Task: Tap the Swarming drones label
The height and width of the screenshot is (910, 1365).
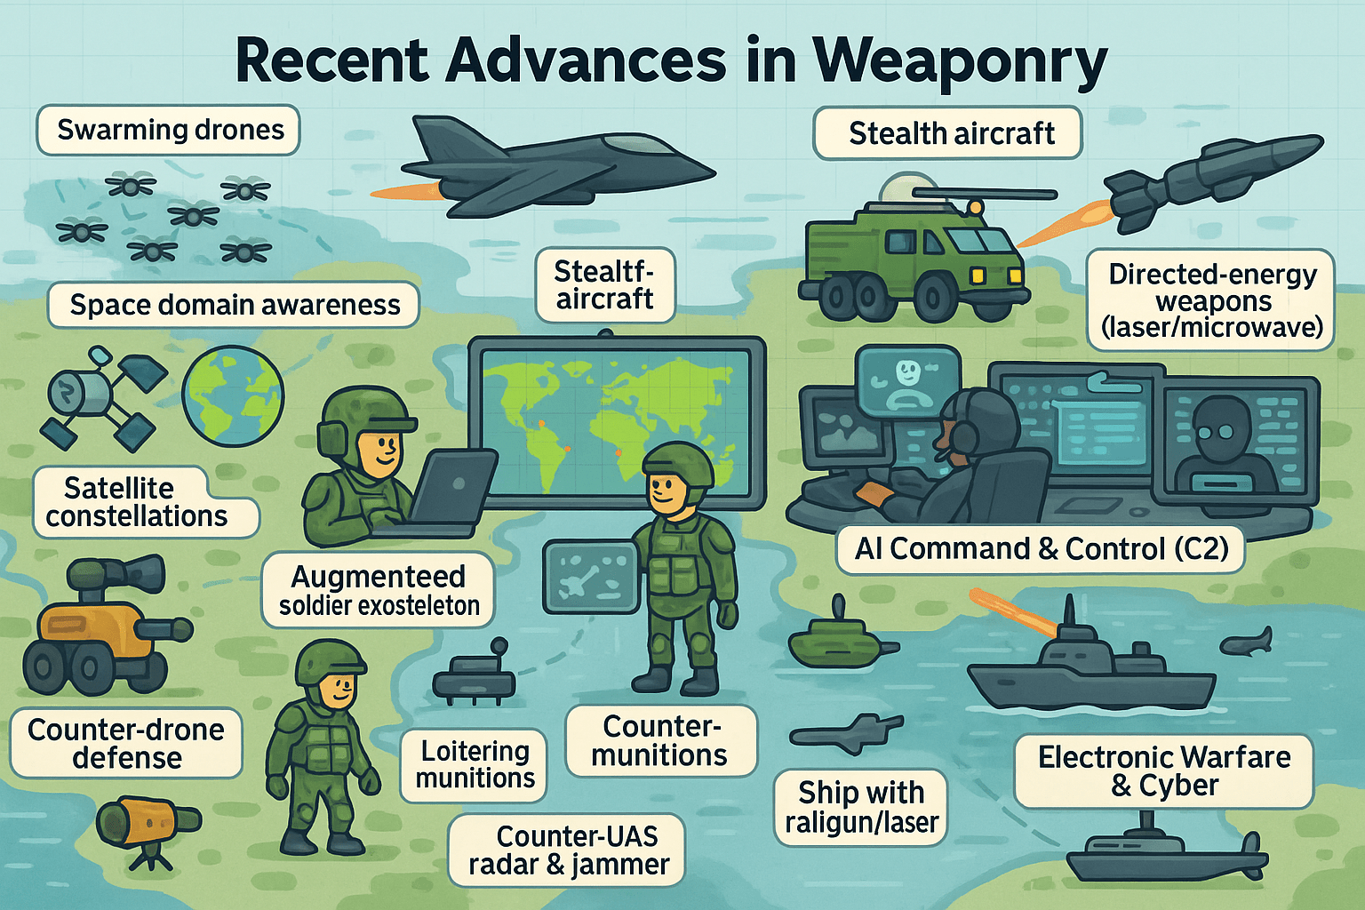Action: click(169, 130)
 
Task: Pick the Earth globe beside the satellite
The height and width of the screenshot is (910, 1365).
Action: click(233, 395)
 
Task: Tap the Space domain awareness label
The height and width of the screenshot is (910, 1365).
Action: click(234, 305)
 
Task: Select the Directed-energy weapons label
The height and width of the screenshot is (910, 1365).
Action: click(1211, 300)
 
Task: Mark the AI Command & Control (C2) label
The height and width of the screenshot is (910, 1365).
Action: click(1041, 549)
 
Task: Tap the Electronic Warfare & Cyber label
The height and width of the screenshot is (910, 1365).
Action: click(1163, 770)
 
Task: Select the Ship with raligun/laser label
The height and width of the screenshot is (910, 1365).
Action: click(860, 807)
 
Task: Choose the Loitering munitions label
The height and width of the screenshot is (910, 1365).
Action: click(475, 764)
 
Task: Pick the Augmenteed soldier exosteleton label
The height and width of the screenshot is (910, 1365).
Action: click(379, 590)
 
